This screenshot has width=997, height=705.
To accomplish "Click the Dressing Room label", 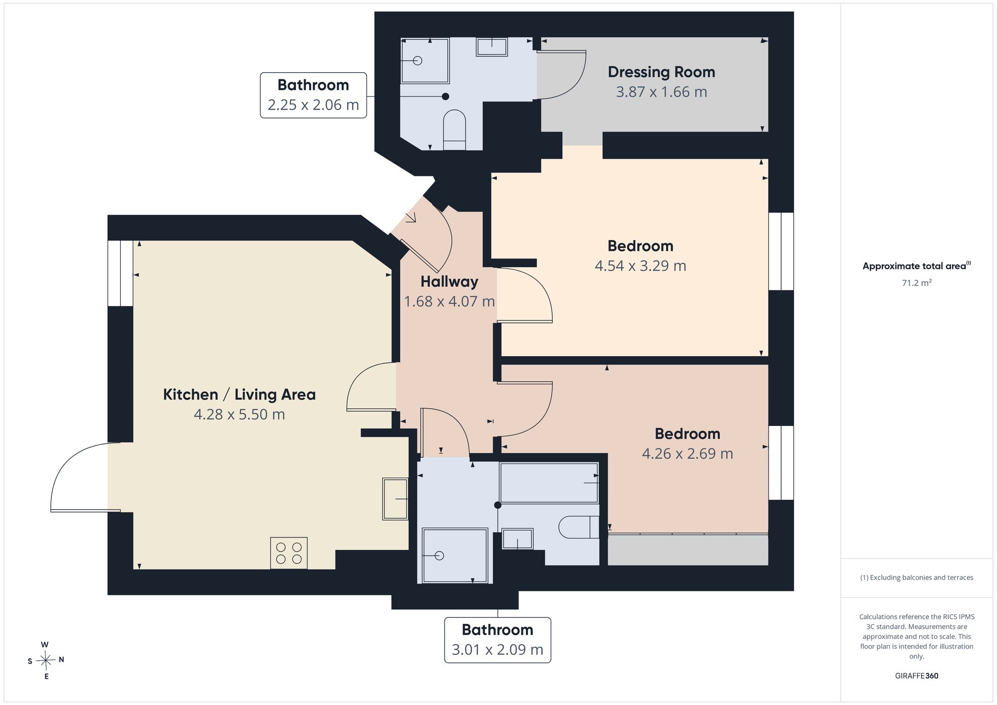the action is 661,72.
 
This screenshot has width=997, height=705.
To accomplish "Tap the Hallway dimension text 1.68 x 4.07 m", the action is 449,301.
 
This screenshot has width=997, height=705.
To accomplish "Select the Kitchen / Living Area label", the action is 239,395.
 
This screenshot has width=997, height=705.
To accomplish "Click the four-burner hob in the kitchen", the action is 289,553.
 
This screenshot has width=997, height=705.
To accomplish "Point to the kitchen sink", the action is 395,499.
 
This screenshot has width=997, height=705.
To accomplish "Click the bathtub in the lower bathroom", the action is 549,483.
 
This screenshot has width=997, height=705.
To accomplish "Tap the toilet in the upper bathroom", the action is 454,130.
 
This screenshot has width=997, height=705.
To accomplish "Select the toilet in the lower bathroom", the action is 579,527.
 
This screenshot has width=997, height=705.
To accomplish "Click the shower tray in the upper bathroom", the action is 425,61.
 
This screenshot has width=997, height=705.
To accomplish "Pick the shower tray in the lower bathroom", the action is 455,556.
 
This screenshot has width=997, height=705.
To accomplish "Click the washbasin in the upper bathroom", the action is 492,47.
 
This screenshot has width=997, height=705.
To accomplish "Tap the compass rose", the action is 45,661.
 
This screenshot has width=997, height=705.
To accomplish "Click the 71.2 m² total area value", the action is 917,282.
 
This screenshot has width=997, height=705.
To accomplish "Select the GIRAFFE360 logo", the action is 917,676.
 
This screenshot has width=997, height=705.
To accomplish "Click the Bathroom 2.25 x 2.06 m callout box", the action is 313,95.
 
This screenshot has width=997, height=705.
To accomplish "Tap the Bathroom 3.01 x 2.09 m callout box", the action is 498,640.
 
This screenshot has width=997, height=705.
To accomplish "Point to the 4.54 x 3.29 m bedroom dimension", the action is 641,266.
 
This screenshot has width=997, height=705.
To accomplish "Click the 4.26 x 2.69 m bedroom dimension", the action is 687,453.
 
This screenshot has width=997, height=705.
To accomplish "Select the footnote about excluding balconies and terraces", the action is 917,577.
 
